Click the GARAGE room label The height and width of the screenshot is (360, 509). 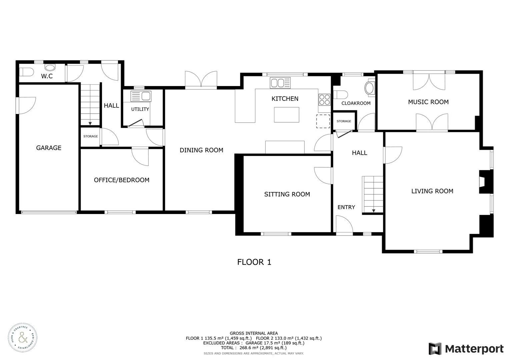click(x=49, y=148)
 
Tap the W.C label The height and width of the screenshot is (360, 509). click(x=47, y=76)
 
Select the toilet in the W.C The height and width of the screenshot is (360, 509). click(x=26, y=72)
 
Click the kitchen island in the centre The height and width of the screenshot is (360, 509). click(x=286, y=115)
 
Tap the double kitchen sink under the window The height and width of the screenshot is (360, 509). click(x=280, y=83)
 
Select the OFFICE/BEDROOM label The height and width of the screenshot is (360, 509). click(x=121, y=180)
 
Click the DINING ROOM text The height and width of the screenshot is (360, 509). click(x=201, y=150)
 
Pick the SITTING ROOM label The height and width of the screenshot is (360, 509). click(x=287, y=194)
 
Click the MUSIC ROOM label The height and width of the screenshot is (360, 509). click(x=428, y=102)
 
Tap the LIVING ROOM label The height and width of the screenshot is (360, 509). click(x=432, y=191)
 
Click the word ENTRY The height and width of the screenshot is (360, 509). click(x=346, y=207)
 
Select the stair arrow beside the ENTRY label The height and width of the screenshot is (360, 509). click(x=373, y=210)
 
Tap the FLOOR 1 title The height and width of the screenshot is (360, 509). click(x=254, y=262)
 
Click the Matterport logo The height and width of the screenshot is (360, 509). click(x=466, y=349)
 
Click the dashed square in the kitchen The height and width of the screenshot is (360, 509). click(x=323, y=121)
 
